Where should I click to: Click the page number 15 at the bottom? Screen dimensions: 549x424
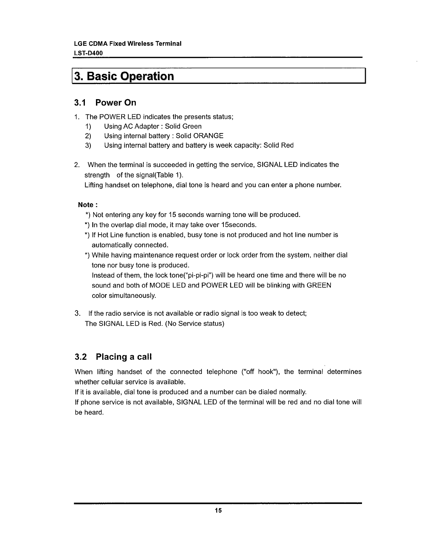point(218,510)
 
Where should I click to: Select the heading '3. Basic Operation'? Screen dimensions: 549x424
point(124,76)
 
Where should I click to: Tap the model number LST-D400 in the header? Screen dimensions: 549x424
point(89,53)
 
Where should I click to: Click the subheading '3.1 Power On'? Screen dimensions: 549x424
point(105,103)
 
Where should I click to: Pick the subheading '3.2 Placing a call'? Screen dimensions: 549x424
point(113,357)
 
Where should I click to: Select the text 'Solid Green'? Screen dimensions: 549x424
point(183,126)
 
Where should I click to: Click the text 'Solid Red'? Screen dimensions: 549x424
point(279,145)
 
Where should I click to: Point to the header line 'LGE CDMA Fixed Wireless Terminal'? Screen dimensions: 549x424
point(128,44)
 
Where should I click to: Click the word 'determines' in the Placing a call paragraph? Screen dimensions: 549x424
point(344,372)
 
